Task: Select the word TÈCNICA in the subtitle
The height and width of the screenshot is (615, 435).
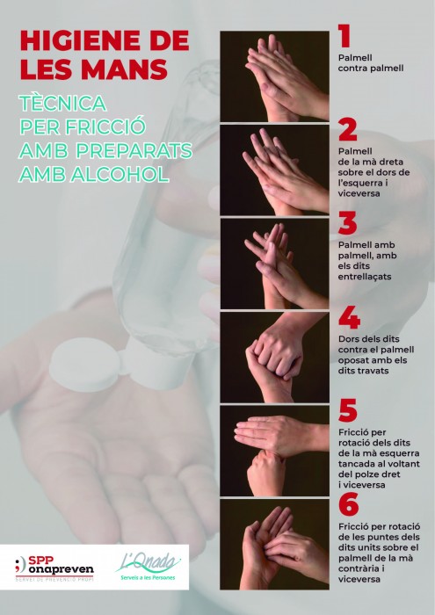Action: [62, 103]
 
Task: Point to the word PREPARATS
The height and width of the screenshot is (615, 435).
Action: [134, 150]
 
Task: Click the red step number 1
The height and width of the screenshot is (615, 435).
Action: [344, 36]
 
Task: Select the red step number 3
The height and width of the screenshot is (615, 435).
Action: [347, 223]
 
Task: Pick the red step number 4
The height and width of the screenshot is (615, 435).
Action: [349, 317]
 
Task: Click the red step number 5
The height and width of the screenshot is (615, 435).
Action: [348, 410]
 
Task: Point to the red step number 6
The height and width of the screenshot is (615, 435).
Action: [349, 504]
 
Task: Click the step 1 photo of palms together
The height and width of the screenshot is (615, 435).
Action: [274, 76]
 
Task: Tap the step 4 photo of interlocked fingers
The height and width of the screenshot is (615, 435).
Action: [274, 358]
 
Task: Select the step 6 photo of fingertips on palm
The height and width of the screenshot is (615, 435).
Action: [274, 545]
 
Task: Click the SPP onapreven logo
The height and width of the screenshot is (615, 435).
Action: [54, 568]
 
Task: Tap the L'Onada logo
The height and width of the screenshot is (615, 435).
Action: [149, 567]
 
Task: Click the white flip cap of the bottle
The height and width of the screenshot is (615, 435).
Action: [84, 364]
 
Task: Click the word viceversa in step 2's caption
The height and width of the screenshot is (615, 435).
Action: [359, 193]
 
